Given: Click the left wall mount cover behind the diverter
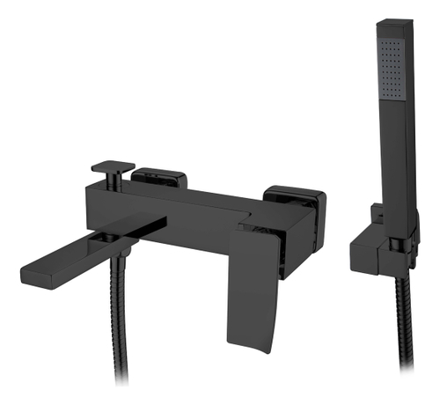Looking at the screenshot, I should pyautogui.click(x=160, y=178).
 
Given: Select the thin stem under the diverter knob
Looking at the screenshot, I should pyautogui.click(x=113, y=180).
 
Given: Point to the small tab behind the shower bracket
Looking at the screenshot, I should pyautogui.click(x=376, y=211).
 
